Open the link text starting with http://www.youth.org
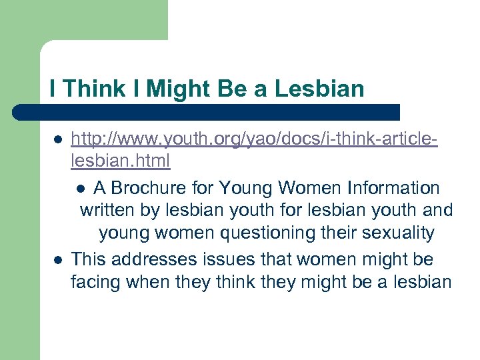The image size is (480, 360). (254, 139)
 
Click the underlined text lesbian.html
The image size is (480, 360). (120, 161)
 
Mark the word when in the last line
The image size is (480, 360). (147, 282)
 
